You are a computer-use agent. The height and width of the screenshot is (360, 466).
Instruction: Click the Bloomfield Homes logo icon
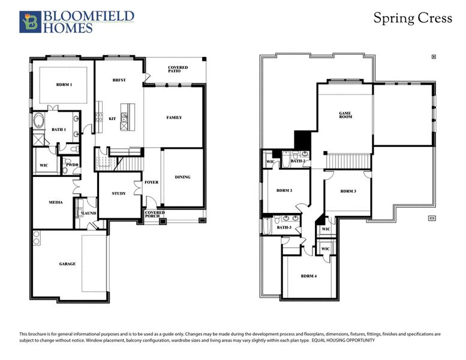click(29, 22)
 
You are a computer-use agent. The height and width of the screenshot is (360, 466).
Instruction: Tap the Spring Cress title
click(413, 18)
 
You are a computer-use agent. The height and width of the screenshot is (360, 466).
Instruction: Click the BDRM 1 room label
click(64, 85)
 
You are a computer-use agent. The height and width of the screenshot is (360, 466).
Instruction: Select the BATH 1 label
click(58, 130)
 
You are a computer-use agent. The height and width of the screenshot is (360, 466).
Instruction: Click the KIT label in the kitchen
click(112, 119)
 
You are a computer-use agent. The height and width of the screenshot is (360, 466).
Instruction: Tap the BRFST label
click(119, 80)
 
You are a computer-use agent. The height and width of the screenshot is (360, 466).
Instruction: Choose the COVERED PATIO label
click(178, 70)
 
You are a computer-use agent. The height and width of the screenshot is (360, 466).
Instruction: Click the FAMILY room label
click(174, 118)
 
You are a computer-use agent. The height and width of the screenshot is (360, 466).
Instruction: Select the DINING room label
click(182, 177)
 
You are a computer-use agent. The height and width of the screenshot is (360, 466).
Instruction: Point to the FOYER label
click(152, 182)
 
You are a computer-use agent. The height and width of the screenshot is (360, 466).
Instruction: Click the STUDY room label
click(119, 193)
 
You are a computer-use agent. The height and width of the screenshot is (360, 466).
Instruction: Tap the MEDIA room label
click(56, 202)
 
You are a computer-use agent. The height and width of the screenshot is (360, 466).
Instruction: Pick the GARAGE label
click(67, 263)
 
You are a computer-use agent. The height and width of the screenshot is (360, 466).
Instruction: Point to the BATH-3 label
click(284, 227)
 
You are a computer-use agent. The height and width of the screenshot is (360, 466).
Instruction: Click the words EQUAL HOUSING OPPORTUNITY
click(343, 340)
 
